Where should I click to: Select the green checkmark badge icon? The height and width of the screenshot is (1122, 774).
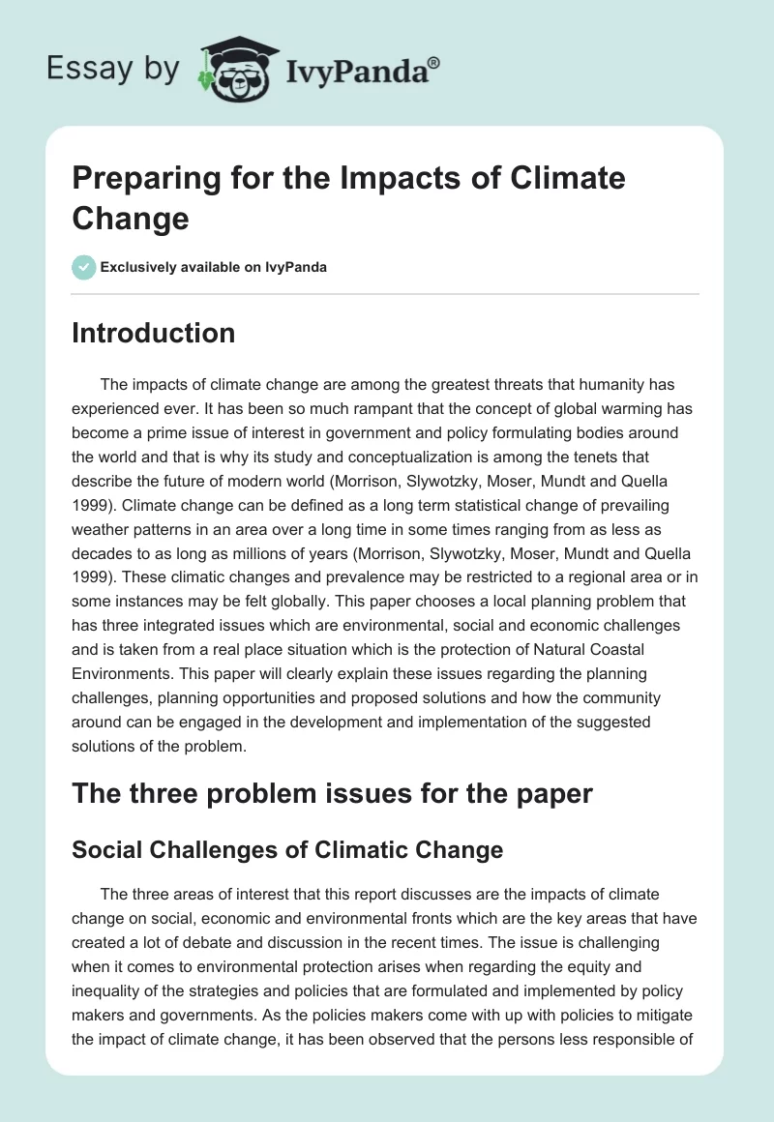click(84, 267)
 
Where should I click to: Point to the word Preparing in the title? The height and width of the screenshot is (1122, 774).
click(161, 178)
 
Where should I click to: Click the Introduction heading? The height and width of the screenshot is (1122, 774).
click(153, 333)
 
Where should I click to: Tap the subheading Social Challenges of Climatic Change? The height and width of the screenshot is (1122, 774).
click(287, 849)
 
